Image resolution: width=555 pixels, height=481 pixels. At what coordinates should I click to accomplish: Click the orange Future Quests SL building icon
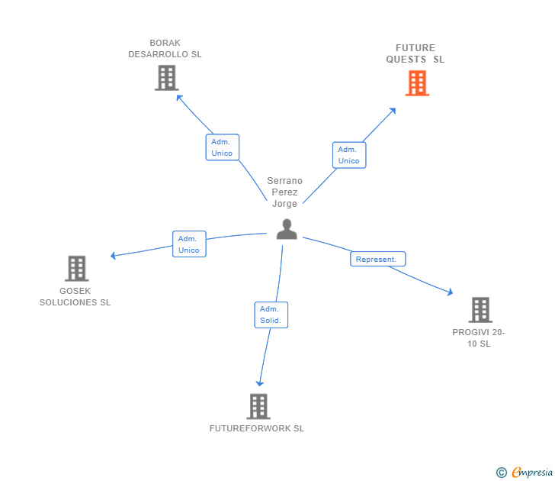[417, 82]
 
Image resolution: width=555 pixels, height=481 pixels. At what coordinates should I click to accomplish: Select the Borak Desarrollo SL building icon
[166, 78]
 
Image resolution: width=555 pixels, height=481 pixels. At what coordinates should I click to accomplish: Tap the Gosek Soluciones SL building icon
[76, 268]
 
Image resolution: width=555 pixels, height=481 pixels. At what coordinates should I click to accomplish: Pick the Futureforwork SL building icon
[258, 406]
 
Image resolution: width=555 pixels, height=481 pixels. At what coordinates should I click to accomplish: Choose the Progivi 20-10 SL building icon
[480, 309]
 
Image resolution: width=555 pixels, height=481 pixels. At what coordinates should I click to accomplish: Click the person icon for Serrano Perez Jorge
[287, 229]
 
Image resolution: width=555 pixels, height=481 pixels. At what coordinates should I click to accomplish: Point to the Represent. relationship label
[377, 260]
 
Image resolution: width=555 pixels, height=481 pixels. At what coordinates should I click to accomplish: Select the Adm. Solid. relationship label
[271, 315]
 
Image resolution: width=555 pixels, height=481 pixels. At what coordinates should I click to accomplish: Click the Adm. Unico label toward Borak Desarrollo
[222, 147]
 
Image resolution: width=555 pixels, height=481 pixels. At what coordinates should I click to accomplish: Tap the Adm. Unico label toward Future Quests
[348, 155]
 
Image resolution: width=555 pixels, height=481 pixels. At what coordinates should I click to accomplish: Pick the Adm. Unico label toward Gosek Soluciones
[188, 244]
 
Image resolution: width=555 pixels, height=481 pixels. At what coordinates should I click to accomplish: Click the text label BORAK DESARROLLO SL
[165, 49]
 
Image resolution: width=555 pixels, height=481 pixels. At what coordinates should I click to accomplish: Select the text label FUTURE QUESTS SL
[415, 53]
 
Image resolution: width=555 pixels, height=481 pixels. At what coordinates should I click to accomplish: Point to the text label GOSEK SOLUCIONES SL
[75, 296]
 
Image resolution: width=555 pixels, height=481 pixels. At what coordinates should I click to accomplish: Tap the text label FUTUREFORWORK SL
[257, 428]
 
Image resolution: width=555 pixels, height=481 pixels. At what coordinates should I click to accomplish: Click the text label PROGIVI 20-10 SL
[479, 337]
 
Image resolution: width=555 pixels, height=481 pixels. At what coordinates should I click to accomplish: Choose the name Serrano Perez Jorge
[285, 192]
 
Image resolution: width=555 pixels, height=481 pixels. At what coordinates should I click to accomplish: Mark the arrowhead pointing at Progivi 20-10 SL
[450, 292]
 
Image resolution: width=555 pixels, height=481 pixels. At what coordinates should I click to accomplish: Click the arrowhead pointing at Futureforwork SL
[260, 383]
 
